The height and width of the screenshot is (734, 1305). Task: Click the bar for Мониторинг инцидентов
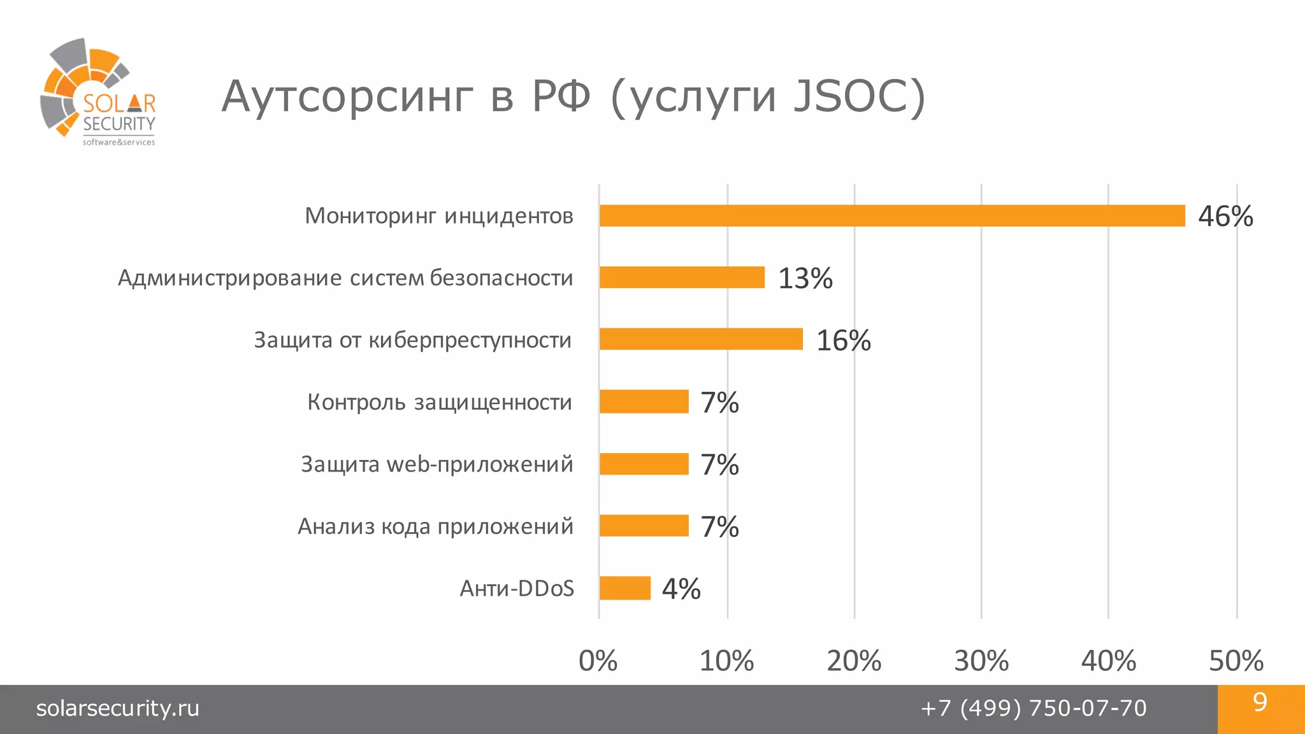click(x=892, y=216)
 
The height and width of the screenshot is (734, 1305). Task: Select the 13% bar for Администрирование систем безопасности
click(x=682, y=278)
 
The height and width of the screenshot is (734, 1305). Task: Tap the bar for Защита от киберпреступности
click(x=701, y=340)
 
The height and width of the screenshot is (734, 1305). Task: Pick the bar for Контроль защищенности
click(x=644, y=401)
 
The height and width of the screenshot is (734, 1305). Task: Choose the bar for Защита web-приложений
click(x=644, y=464)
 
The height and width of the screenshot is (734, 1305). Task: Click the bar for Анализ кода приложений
click(x=644, y=526)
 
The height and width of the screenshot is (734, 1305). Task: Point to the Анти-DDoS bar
click(x=625, y=588)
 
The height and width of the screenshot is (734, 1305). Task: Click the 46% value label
click(x=1225, y=217)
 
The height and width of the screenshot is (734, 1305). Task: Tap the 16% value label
click(x=843, y=341)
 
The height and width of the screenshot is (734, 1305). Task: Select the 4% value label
click(x=681, y=589)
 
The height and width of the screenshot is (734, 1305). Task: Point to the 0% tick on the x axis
click(x=598, y=661)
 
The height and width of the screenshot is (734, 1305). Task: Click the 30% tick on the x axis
click(x=981, y=661)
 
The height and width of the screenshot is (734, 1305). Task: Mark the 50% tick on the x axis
click(x=1236, y=661)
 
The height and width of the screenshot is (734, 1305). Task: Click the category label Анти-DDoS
click(x=517, y=588)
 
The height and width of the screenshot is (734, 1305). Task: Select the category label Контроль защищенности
click(x=440, y=403)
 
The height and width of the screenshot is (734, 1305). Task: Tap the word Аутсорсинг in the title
click(x=347, y=97)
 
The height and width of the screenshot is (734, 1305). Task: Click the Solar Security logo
click(x=98, y=92)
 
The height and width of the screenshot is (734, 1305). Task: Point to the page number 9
click(x=1260, y=702)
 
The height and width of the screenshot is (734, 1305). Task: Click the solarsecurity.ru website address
click(x=118, y=709)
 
